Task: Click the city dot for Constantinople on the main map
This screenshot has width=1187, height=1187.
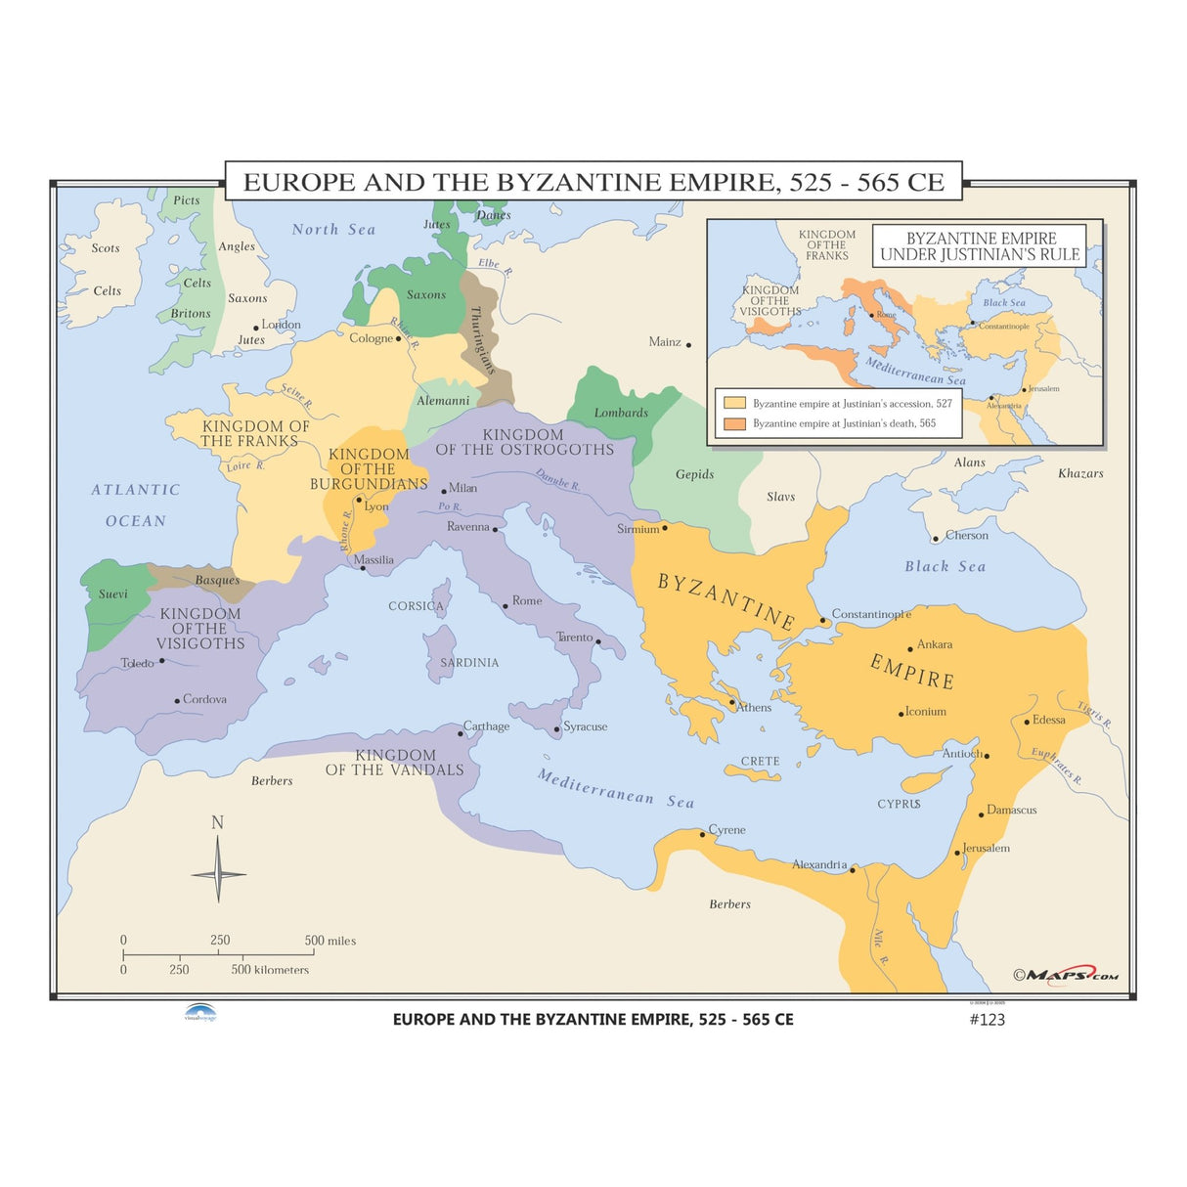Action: click(823, 620)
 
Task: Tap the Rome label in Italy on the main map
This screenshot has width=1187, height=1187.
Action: click(526, 600)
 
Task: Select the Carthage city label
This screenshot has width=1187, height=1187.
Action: click(486, 726)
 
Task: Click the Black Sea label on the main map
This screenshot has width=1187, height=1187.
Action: click(945, 566)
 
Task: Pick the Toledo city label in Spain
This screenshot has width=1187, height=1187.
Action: click(137, 663)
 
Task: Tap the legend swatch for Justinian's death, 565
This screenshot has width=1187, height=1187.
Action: click(734, 423)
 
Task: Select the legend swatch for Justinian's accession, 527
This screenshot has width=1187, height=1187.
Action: click(734, 403)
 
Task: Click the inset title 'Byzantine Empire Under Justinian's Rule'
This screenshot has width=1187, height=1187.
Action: click(980, 246)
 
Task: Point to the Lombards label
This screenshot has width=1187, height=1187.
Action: click(621, 413)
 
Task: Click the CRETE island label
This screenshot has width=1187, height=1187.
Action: click(760, 761)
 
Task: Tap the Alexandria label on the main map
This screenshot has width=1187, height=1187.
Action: click(819, 864)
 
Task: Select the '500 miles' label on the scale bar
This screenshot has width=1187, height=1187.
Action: click(330, 941)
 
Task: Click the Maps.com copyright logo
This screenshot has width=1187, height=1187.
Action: click(1066, 975)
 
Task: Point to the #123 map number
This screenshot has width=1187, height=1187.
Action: click(987, 1019)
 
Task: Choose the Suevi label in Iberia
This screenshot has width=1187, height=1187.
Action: click(112, 593)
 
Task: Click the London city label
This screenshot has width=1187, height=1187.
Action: click(281, 325)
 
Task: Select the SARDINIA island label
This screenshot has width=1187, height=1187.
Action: click(469, 663)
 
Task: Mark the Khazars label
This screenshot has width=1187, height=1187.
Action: click(1080, 473)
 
